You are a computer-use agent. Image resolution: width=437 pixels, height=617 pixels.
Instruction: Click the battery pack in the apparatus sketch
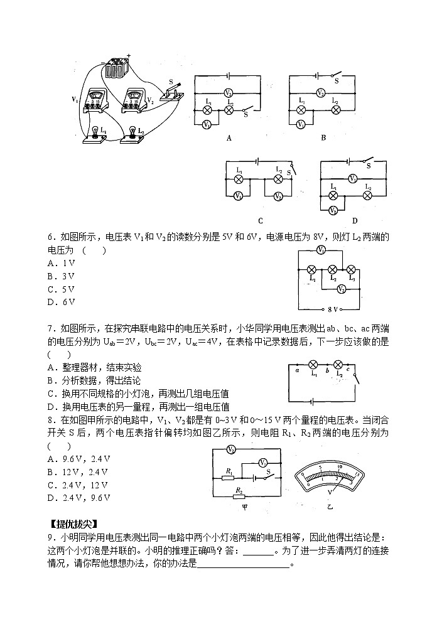pyautogui.click(x=116, y=68)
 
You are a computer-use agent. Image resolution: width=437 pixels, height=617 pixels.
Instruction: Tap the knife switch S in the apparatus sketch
pyautogui.click(x=171, y=92)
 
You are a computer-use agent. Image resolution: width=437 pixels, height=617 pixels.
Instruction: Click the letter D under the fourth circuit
pyautogui.click(x=354, y=220)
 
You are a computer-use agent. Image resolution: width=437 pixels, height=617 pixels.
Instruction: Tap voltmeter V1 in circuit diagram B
pyautogui.click(x=301, y=124)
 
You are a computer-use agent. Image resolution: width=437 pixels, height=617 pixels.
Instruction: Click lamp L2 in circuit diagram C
pyautogui.click(x=278, y=178)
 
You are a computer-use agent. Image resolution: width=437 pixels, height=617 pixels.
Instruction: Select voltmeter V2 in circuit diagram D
pyautogui.click(x=333, y=210)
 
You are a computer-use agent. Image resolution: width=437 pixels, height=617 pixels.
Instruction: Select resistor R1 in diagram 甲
pyautogui.click(x=229, y=478)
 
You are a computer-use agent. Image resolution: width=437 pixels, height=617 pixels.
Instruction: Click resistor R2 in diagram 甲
pyautogui.click(x=239, y=496)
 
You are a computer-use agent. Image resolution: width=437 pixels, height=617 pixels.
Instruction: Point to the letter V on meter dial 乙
pyautogui.click(x=328, y=492)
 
